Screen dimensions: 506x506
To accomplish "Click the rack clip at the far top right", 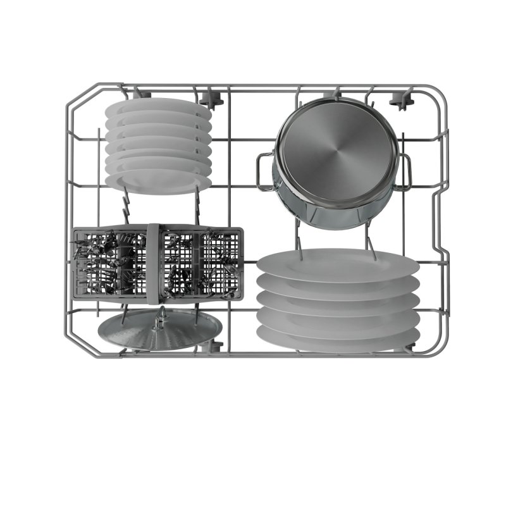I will coord(398,100).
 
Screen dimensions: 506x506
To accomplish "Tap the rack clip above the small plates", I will coord(136,94).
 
